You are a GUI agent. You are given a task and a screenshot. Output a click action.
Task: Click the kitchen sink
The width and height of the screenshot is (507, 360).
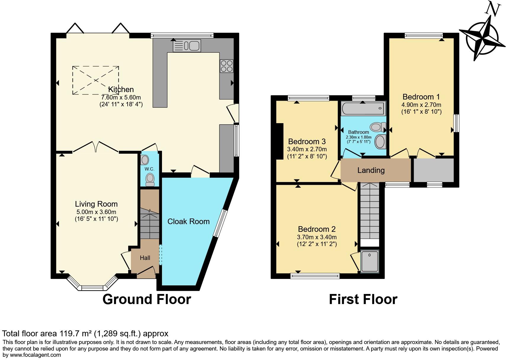click(187, 46)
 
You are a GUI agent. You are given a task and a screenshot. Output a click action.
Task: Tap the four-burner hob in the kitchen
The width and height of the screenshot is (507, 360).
click(227, 66)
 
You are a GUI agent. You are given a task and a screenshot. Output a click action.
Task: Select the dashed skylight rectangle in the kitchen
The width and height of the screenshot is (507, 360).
click(96, 80)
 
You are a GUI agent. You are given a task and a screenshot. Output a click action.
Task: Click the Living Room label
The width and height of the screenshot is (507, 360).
click(96, 204)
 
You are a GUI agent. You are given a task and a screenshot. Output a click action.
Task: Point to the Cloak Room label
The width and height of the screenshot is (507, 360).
click(188, 221)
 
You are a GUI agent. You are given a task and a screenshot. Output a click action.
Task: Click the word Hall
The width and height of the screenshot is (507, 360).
click(145, 258)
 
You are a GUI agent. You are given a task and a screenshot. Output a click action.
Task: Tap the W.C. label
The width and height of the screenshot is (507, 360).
click(149, 169)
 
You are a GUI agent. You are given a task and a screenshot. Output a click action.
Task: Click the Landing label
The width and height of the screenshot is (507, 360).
click(371, 170)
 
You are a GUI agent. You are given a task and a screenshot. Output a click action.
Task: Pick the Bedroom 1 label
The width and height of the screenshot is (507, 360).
click(421, 97)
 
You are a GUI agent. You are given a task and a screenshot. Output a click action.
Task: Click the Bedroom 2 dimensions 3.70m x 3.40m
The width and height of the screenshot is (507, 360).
click(317, 237)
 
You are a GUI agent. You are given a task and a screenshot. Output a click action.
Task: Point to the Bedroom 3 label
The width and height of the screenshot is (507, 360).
click(307, 142)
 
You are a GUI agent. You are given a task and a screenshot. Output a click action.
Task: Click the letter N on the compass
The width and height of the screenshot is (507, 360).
click(492, 9)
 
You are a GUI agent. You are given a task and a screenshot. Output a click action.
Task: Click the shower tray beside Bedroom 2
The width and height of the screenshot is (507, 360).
click(370, 261)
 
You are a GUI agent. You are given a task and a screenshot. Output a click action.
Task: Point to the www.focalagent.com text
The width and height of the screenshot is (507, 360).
click(35, 355)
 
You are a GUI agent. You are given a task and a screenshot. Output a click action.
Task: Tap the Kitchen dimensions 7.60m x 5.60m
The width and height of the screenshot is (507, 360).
click(121, 97)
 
